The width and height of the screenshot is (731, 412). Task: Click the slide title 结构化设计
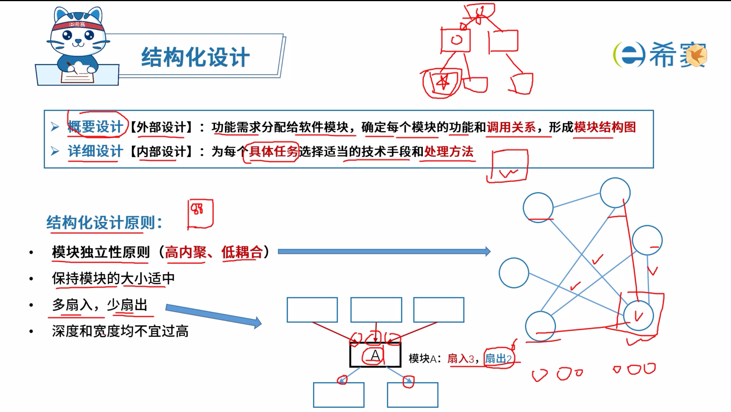click(x=195, y=57)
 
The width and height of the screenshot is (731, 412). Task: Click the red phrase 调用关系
click(x=511, y=127)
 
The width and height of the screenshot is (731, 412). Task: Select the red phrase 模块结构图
click(x=605, y=127)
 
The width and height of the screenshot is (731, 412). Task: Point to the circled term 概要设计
click(x=95, y=127)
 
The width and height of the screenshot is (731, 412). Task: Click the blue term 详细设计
click(x=95, y=151)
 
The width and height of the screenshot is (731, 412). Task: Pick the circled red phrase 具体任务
click(x=273, y=152)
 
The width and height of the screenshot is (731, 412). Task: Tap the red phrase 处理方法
click(x=449, y=152)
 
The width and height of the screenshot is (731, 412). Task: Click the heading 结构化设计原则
click(x=104, y=223)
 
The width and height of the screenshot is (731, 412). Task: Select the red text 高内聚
click(x=185, y=252)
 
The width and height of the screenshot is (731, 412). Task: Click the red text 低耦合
click(x=242, y=252)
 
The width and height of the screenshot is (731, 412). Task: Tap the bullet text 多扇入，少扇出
click(x=100, y=305)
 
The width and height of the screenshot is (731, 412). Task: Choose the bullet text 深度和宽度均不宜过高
click(x=120, y=332)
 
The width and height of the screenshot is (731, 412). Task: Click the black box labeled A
click(x=375, y=355)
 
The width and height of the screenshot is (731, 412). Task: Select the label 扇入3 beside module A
click(x=461, y=359)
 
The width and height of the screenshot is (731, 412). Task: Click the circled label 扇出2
click(x=498, y=359)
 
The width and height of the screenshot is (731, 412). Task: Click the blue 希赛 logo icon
click(x=629, y=55)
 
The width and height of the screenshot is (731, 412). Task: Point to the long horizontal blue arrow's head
click(x=487, y=251)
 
